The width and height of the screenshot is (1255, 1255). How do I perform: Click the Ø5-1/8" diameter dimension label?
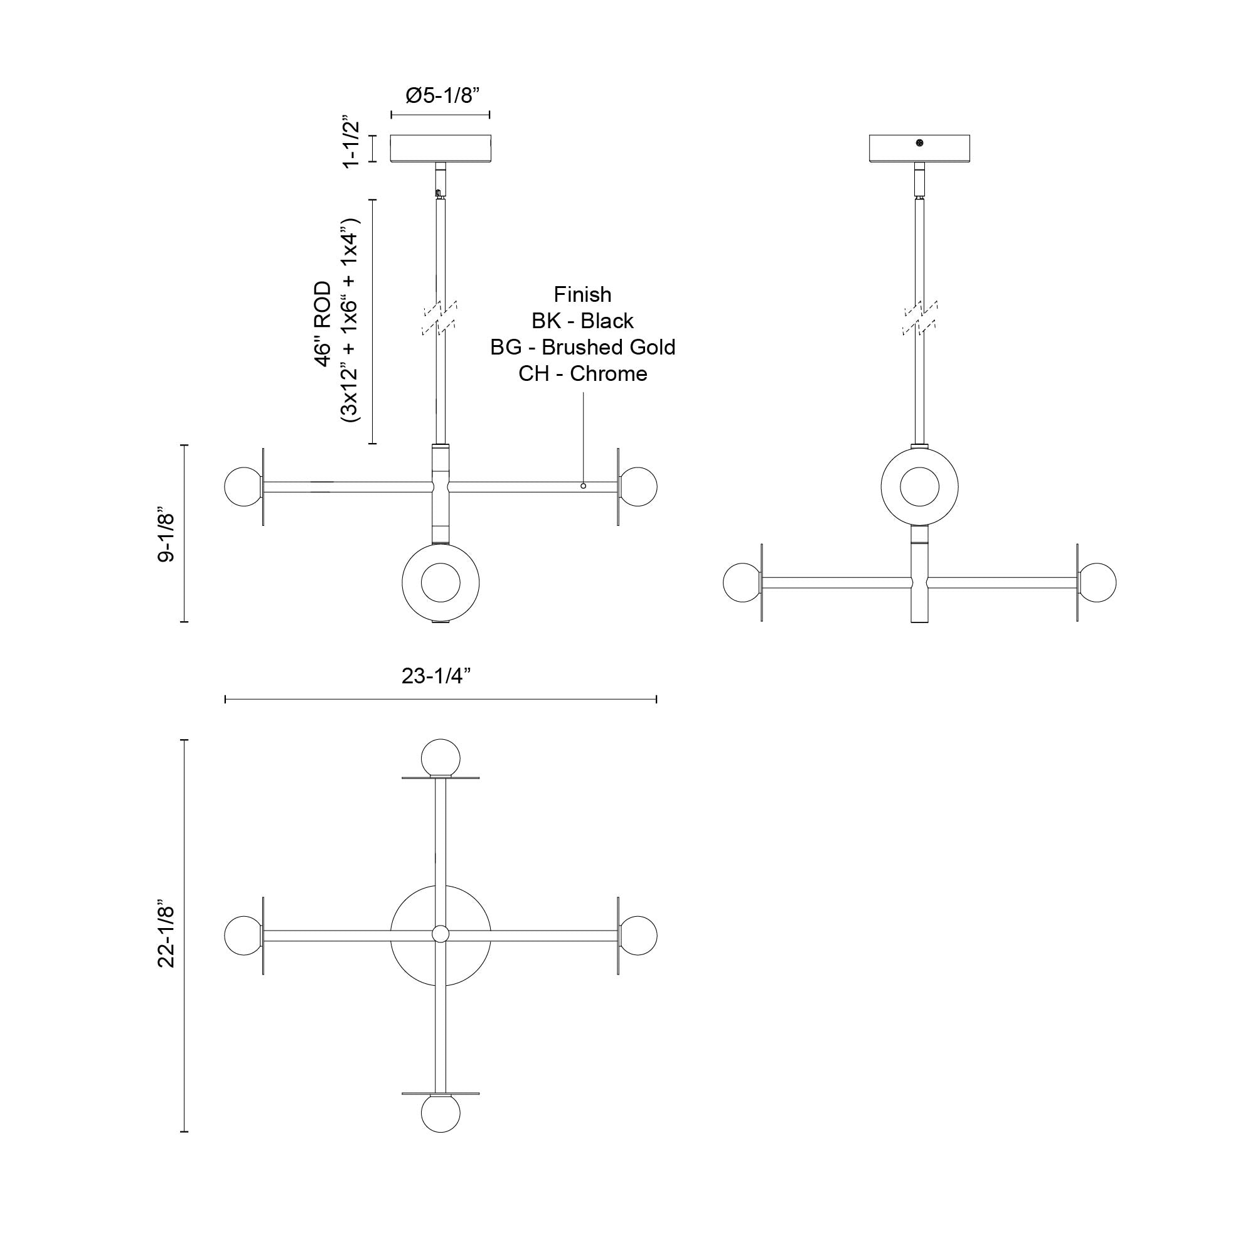tap(442, 95)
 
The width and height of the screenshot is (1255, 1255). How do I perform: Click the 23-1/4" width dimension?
tap(435, 676)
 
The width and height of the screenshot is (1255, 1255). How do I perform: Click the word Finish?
tap(582, 294)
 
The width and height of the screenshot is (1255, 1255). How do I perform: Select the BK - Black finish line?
tap(582, 321)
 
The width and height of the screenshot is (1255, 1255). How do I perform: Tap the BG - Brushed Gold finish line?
tap(582, 348)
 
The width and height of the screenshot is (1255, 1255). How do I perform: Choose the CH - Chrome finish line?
tap(582, 374)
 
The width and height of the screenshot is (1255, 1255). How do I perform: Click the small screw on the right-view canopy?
tap(919, 144)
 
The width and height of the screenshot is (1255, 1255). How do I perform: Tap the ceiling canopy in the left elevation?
tap(441, 148)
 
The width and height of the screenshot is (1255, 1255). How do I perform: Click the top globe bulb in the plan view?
tap(441, 757)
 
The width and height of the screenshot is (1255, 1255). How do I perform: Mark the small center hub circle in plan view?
tap(441, 934)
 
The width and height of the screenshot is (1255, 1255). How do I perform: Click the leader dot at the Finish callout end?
tap(583, 486)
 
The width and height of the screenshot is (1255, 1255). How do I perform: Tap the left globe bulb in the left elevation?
tap(243, 486)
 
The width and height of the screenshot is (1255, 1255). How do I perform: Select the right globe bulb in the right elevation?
tap(1097, 582)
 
